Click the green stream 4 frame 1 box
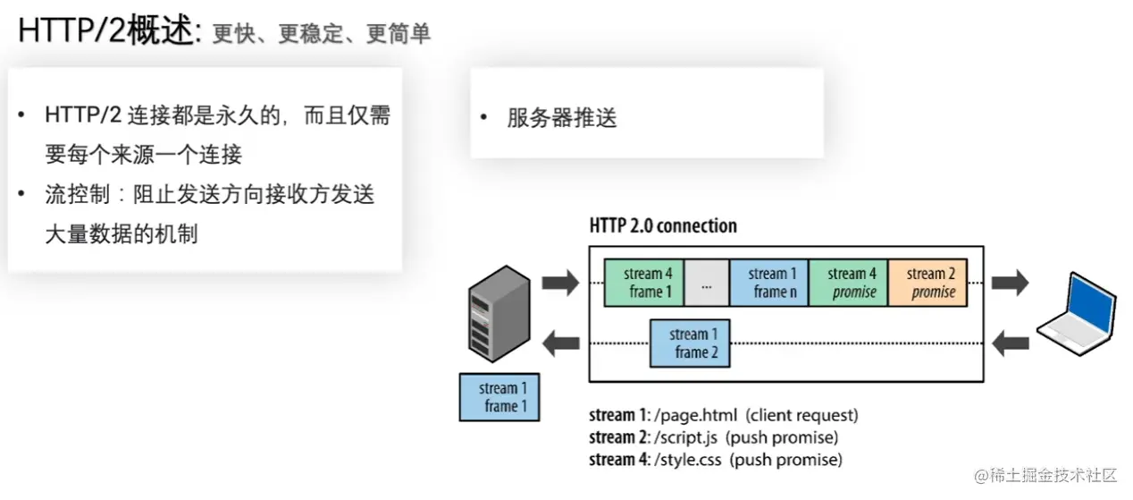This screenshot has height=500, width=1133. coord(644,283)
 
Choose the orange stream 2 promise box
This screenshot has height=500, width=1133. coord(927,283)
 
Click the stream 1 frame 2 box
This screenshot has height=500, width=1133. coord(690,343)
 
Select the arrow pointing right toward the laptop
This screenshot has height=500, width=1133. coord(1011,284)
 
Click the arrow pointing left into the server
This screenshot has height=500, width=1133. coord(562,341)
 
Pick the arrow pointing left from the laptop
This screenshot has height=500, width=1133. coord(1011,341)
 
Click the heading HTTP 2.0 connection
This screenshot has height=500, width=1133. coord(663,225)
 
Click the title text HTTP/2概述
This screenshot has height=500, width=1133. coord(106,32)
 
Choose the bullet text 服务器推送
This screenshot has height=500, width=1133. coord(562,118)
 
